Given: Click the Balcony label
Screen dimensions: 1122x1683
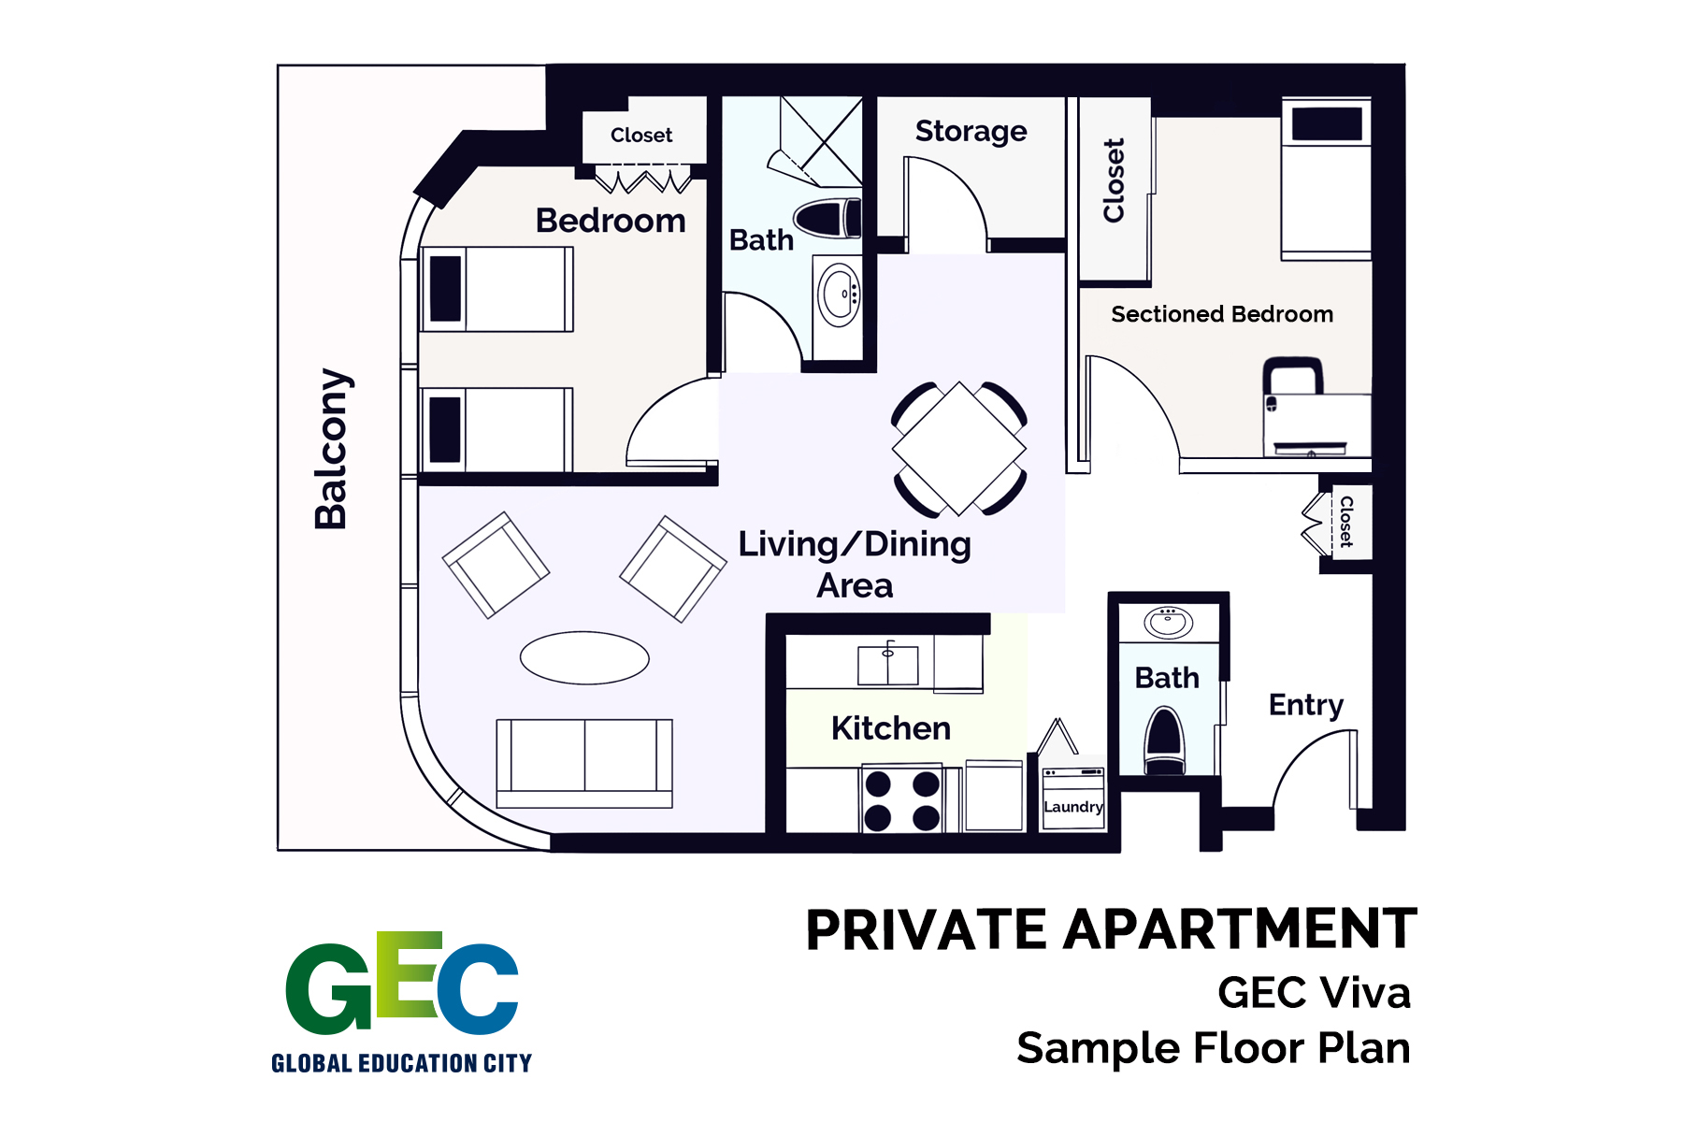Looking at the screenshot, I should [332, 449].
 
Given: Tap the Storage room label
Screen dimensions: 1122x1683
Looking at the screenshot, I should [971, 131].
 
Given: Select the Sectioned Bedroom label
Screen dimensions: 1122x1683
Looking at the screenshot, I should [1221, 314].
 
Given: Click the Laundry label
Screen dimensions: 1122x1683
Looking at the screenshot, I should [1072, 806].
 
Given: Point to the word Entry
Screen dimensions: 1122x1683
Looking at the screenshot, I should [1305, 704].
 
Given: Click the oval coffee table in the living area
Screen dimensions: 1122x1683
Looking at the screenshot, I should [584, 657].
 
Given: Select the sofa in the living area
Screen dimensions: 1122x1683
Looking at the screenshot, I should [584, 762].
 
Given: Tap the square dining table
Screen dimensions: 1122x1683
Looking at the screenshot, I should [959, 449].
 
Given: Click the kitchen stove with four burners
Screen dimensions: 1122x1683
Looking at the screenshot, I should [901, 799].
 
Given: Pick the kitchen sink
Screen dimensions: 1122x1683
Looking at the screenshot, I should [887, 665].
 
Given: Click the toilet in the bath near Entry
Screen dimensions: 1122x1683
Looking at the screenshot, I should [1165, 741].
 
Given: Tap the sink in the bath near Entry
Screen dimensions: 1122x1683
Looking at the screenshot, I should [1168, 621].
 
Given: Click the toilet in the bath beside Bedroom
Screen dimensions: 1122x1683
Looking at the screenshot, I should [827, 219].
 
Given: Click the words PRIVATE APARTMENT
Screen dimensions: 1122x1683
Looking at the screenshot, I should [1111, 929].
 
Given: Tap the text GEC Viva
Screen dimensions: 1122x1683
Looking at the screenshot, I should [1314, 992].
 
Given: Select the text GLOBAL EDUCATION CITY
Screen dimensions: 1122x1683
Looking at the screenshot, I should [401, 1063].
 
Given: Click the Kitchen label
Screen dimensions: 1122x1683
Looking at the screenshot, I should [890, 727].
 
